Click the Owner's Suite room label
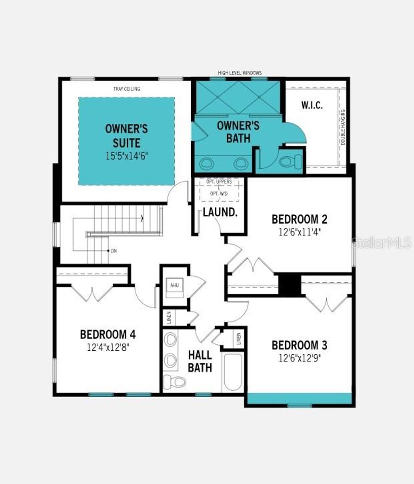[126, 136]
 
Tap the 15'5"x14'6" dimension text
[126, 156]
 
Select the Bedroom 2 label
[299, 219]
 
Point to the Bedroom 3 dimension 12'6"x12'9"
[299, 358]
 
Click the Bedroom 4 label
[108, 334]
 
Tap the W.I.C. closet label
[312, 105]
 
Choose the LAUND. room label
[220, 212]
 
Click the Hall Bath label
[200, 361]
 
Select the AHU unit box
[175, 285]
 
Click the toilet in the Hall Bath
[174, 381]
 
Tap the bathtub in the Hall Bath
[232, 372]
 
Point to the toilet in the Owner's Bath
[289, 162]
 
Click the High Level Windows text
[240, 73]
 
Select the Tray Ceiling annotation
[127, 89]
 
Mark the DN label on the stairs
[114, 251]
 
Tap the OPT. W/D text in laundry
[219, 194]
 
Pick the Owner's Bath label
[238, 131]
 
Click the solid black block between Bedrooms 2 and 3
[289, 285]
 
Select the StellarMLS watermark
[382, 243]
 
